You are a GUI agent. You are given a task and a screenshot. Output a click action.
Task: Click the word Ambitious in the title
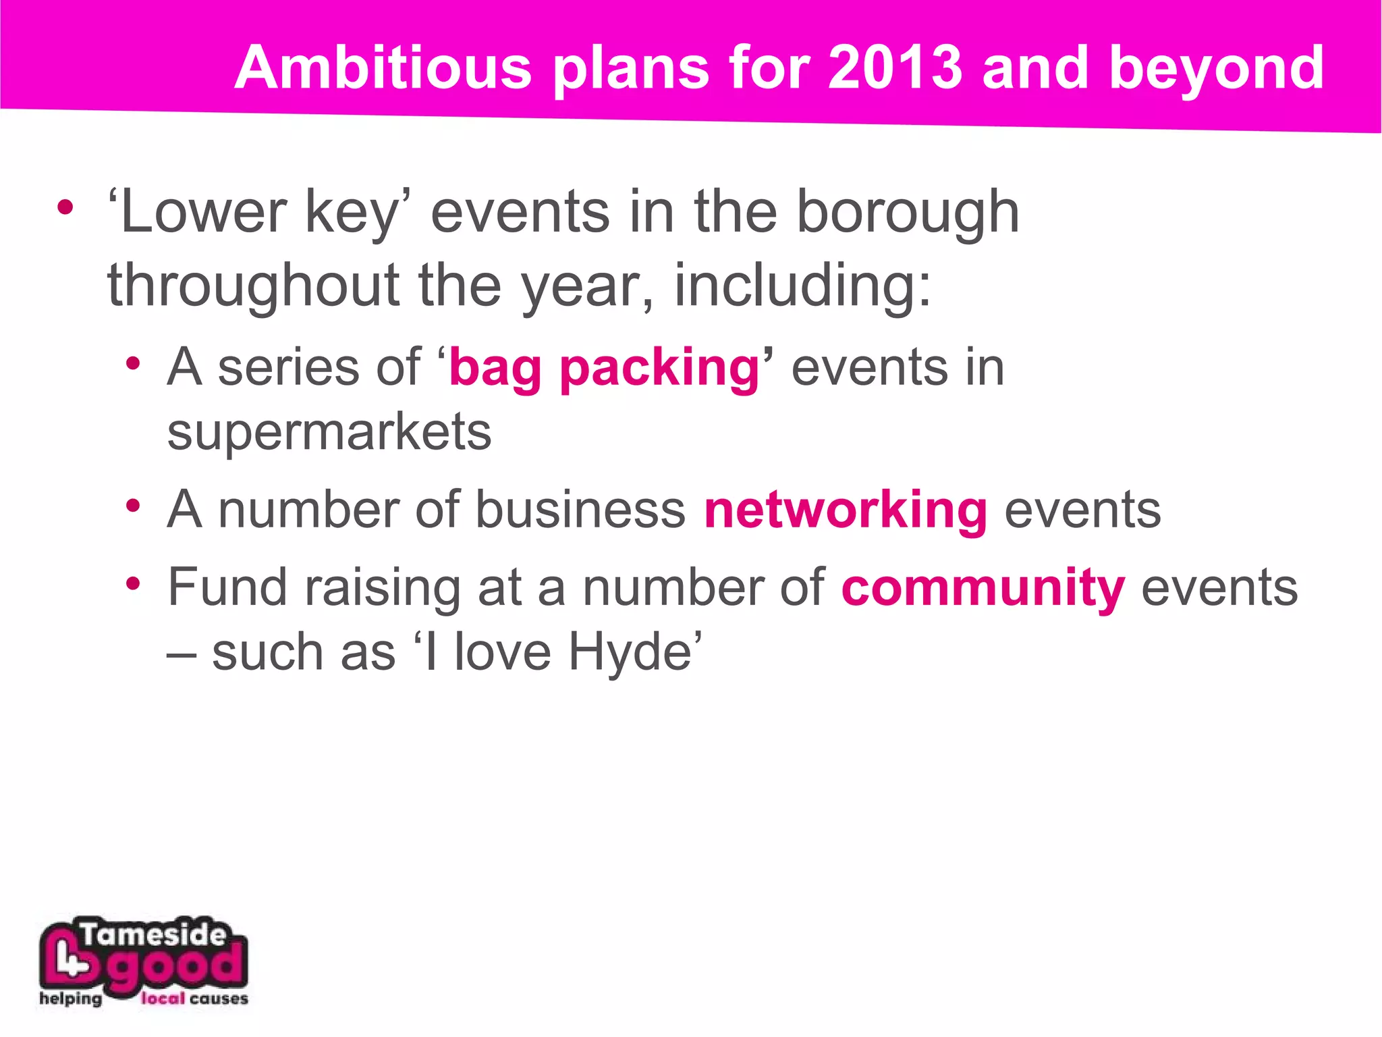(x=383, y=68)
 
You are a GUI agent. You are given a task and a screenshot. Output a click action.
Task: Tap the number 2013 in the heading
(x=895, y=68)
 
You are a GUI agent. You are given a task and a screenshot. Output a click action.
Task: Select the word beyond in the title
(x=1216, y=69)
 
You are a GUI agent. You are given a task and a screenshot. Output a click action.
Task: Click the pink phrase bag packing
(x=605, y=369)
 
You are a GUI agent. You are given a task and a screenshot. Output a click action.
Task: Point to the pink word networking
(x=846, y=510)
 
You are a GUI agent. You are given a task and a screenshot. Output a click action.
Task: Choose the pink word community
(x=983, y=588)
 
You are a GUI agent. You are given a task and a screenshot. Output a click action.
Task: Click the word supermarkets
(x=329, y=433)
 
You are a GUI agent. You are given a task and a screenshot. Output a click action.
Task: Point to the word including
(x=803, y=286)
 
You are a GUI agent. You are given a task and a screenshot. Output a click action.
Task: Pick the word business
(x=580, y=510)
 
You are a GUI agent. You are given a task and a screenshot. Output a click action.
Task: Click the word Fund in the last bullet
(x=228, y=587)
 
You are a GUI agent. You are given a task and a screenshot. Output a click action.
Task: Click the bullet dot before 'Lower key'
(x=65, y=207)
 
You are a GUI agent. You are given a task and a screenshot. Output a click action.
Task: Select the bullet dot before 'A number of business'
(x=133, y=504)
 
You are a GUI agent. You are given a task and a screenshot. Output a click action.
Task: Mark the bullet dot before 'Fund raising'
(x=133, y=582)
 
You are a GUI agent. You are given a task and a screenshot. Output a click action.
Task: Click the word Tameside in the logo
(x=153, y=935)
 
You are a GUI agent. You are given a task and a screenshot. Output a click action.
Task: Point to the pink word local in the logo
(x=162, y=999)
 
